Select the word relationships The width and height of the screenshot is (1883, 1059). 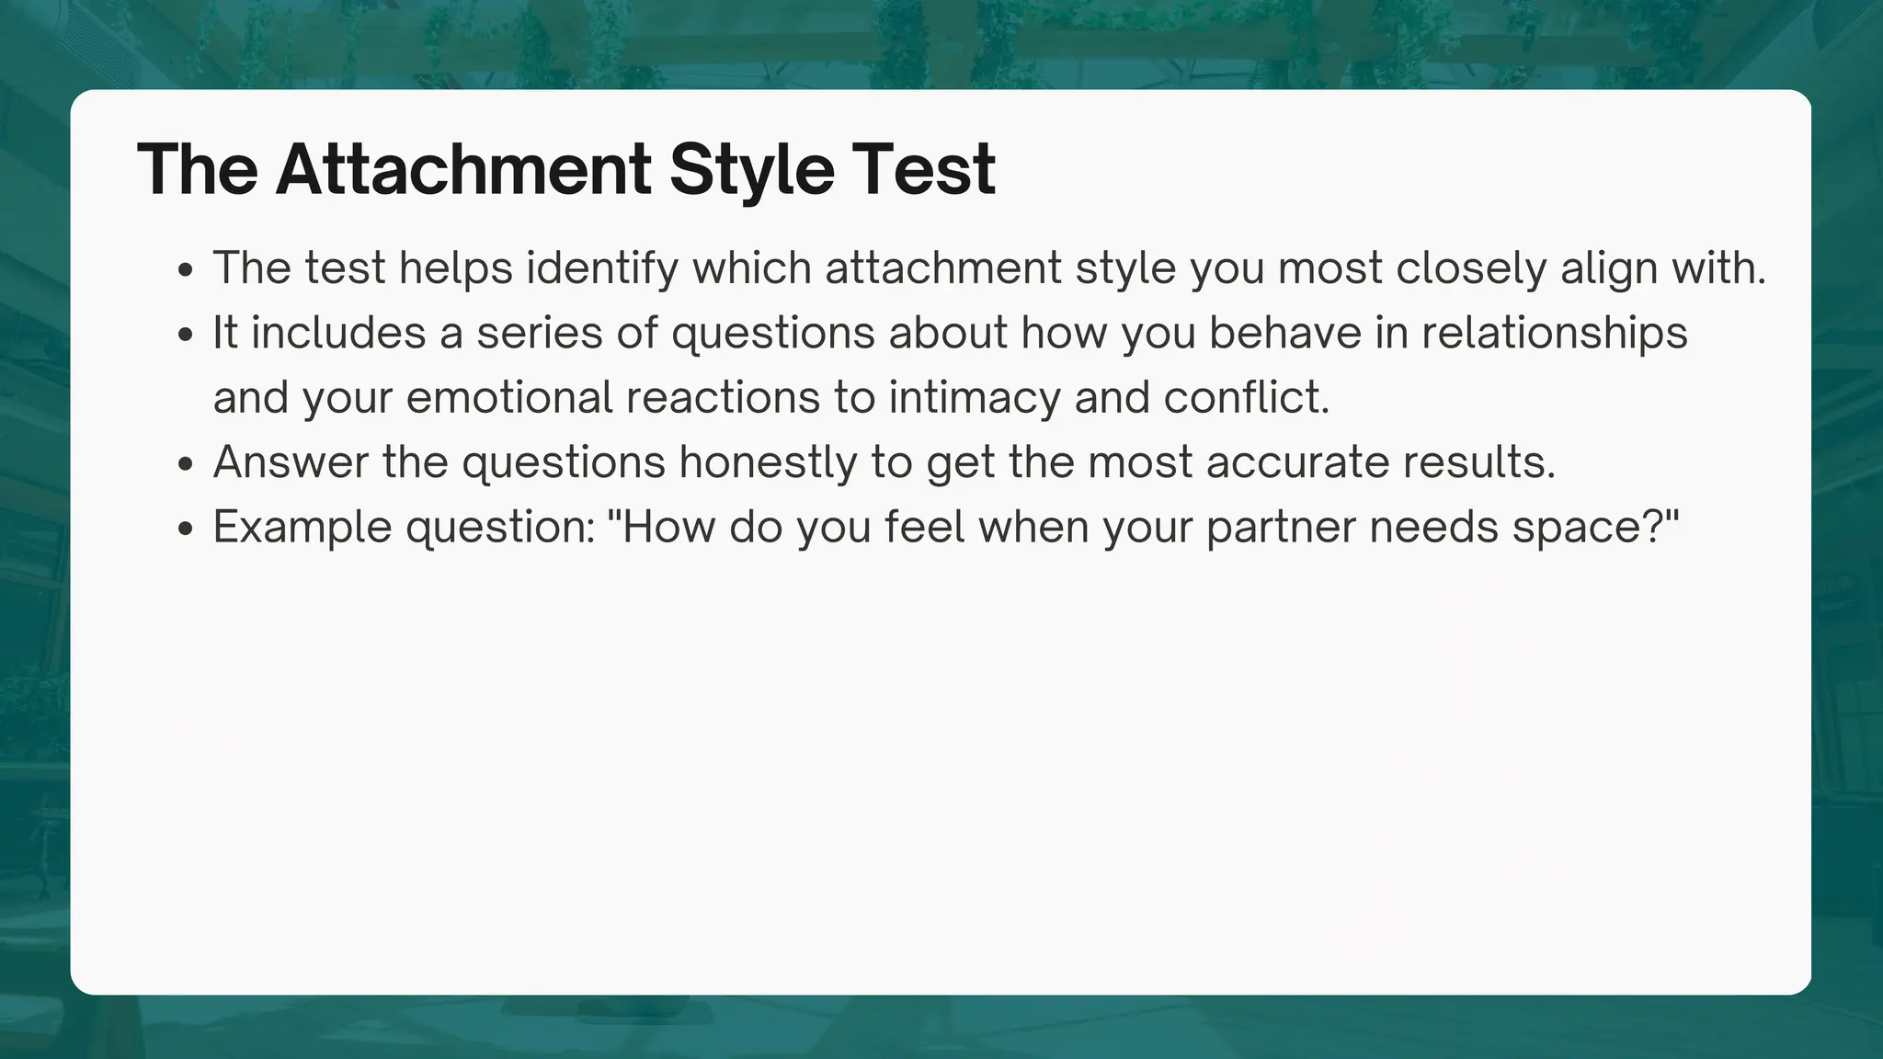pyautogui.click(x=1554, y=333)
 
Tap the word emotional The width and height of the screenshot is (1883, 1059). pyautogui.click(x=509, y=397)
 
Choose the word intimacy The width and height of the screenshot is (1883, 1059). pyautogui.click(x=975, y=397)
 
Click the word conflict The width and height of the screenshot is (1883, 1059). pyautogui.click(x=1246, y=397)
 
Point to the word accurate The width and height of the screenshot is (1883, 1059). pyautogui.click(x=1297, y=462)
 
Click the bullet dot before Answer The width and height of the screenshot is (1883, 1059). pyautogui.click(x=187, y=464)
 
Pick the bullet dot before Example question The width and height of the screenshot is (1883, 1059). pyautogui.click(x=187, y=529)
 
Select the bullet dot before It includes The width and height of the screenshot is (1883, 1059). pyautogui.click(x=187, y=335)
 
